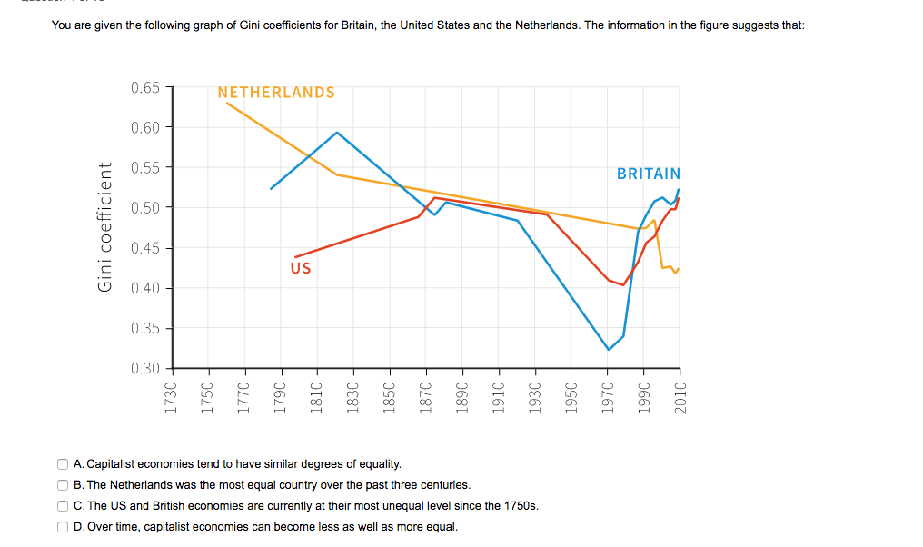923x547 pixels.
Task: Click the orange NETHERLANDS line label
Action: [276, 93]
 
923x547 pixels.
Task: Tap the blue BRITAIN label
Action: [648, 174]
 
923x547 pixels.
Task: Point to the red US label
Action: [300, 268]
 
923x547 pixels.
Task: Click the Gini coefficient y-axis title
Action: [105, 227]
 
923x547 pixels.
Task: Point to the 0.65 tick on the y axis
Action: [145, 87]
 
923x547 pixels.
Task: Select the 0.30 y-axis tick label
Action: [145, 368]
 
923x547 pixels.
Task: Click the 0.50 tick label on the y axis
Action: [145, 207]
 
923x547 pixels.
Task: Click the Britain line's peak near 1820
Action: [337, 132]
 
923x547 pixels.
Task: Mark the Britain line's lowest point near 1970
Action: [609, 350]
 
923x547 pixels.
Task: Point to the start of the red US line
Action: [295, 257]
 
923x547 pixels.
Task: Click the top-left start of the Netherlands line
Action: [226, 103]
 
